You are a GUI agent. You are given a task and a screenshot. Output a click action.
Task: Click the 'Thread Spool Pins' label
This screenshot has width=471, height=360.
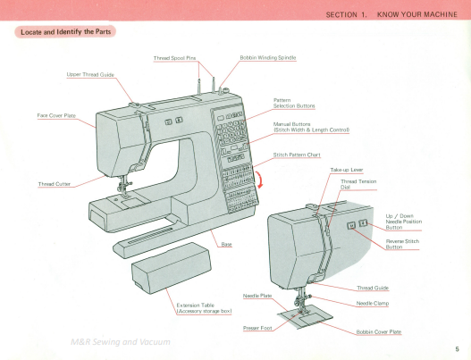pyautogui.click(x=174, y=57)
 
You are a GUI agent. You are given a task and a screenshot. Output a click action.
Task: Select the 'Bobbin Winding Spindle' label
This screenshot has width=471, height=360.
pyautogui.click(x=268, y=57)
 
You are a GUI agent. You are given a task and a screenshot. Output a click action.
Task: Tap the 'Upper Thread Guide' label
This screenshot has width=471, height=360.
pyautogui.click(x=90, y=74)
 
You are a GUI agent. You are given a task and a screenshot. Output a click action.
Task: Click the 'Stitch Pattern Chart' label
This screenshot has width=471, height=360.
pyautogui.click(x=296, y=155)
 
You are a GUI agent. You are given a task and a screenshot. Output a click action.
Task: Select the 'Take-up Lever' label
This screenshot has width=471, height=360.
pyautogui.click(x=346, y=170)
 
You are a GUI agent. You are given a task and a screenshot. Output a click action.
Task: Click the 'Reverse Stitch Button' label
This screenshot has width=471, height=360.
pyautogui.click(x=401, y=244)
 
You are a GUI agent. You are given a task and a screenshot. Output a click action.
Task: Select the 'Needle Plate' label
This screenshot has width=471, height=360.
pyautogui.click(x=257, y=295)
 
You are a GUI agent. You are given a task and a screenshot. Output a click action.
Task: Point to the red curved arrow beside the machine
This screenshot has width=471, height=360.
pyautogui.click(x=259, y=183)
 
